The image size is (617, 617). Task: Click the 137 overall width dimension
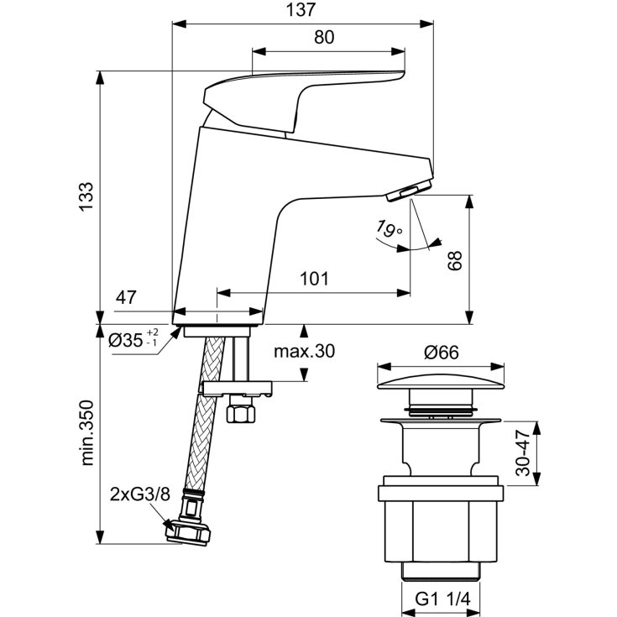coord(305,10)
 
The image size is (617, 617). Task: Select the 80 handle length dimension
coord(325,38)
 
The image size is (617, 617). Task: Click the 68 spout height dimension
coord(454,260)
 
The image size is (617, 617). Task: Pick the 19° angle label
coord(389,227)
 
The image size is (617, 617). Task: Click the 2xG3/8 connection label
coord(140,494)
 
